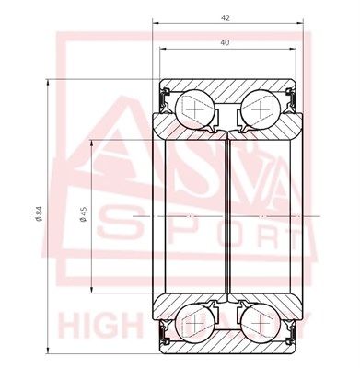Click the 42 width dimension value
click(x=226, y=17)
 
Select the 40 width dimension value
click(x=226, y=41)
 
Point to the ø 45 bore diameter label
click(x=83, y=214)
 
